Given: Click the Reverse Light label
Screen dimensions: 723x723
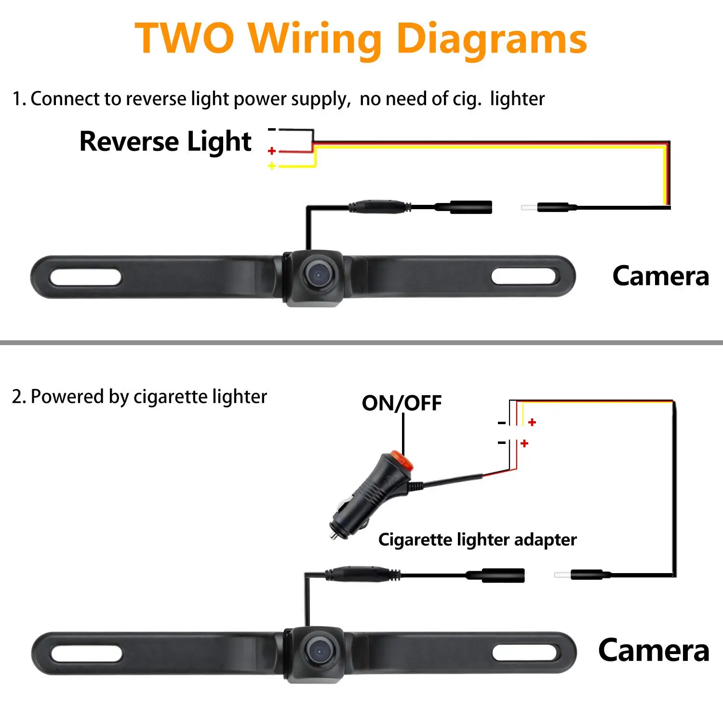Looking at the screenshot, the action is [x=165, y=142].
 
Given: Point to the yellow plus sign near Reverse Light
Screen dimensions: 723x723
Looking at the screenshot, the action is [x=272, y=166].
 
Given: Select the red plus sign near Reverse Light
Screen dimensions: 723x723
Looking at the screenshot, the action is [x=272, y=151].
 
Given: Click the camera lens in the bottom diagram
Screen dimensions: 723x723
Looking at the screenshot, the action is [x=318, y=651].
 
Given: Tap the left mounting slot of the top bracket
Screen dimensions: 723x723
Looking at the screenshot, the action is [x=85, y=277].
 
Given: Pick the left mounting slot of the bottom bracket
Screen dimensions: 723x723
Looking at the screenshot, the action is [x=86, y=654].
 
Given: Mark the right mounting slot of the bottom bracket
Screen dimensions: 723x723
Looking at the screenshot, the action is [x=525, y=653].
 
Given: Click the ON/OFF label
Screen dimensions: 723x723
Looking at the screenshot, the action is [x=402, y=403].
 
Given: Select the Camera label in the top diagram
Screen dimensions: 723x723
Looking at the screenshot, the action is [x=660, y=276].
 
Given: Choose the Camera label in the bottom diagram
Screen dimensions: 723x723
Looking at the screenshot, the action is [x=654, y=651].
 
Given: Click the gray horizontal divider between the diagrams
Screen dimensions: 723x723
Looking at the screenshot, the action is [x=361, y=343].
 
